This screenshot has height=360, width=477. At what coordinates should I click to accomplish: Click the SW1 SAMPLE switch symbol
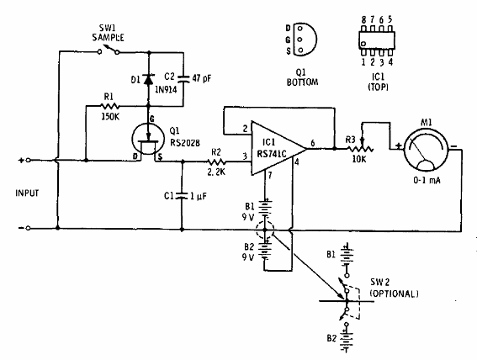(x=109, y=50)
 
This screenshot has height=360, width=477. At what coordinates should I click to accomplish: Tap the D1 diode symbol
(x=148, y=79)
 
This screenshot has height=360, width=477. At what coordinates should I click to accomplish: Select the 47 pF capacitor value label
(x=201, y=78)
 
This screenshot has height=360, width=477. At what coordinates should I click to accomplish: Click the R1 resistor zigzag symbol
(x=109, y=106)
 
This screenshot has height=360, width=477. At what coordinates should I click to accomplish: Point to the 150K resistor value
(x=110, y=116)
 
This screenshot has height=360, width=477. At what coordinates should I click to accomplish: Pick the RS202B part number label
(x=185, y=143)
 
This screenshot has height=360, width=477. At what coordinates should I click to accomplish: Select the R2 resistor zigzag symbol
(x=216, y=161)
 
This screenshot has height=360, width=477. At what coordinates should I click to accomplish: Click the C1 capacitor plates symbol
(x=182, y=196)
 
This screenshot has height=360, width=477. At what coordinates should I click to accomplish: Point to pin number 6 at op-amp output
(x=312, y=143)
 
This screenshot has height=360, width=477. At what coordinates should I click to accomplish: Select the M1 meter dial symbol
(x=426, y=149)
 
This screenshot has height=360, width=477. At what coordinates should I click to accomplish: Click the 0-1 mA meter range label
(x=427, y=180)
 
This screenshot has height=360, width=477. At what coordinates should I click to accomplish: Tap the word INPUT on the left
(x=27, y=193)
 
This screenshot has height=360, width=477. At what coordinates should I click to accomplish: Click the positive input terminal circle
(x=28, y=160)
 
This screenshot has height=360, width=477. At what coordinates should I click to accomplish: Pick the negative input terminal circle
(x=28, y=228)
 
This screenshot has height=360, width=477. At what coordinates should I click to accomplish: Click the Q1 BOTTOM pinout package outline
(x=305, y=40)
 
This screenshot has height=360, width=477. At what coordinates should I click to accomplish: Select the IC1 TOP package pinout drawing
(x=377, y=40)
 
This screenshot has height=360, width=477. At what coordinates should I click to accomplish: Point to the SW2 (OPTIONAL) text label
(x=394, y=288)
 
